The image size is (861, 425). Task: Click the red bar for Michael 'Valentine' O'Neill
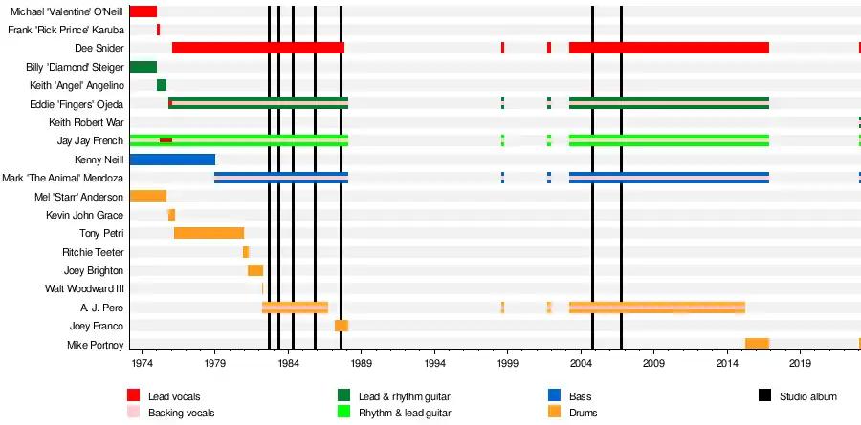click(143, 11)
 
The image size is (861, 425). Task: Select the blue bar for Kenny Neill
click(172, 159)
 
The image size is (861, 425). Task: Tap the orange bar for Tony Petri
click(209, 233)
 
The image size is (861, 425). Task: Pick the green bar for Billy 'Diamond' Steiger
click(143, 67)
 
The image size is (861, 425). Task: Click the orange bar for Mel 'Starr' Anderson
click(147, 196)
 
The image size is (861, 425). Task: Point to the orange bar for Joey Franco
click(341, 326)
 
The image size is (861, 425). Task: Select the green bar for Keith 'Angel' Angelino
click(162, 85)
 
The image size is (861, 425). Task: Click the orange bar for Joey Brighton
click(255, 270)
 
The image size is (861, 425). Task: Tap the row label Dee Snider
click(97, 49)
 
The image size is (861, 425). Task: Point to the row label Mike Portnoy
click(95, 344)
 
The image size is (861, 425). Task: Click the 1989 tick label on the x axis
click(362, 365)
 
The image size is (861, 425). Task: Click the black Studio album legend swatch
click(764, 395)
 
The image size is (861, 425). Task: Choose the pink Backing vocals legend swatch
click(133, 413)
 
